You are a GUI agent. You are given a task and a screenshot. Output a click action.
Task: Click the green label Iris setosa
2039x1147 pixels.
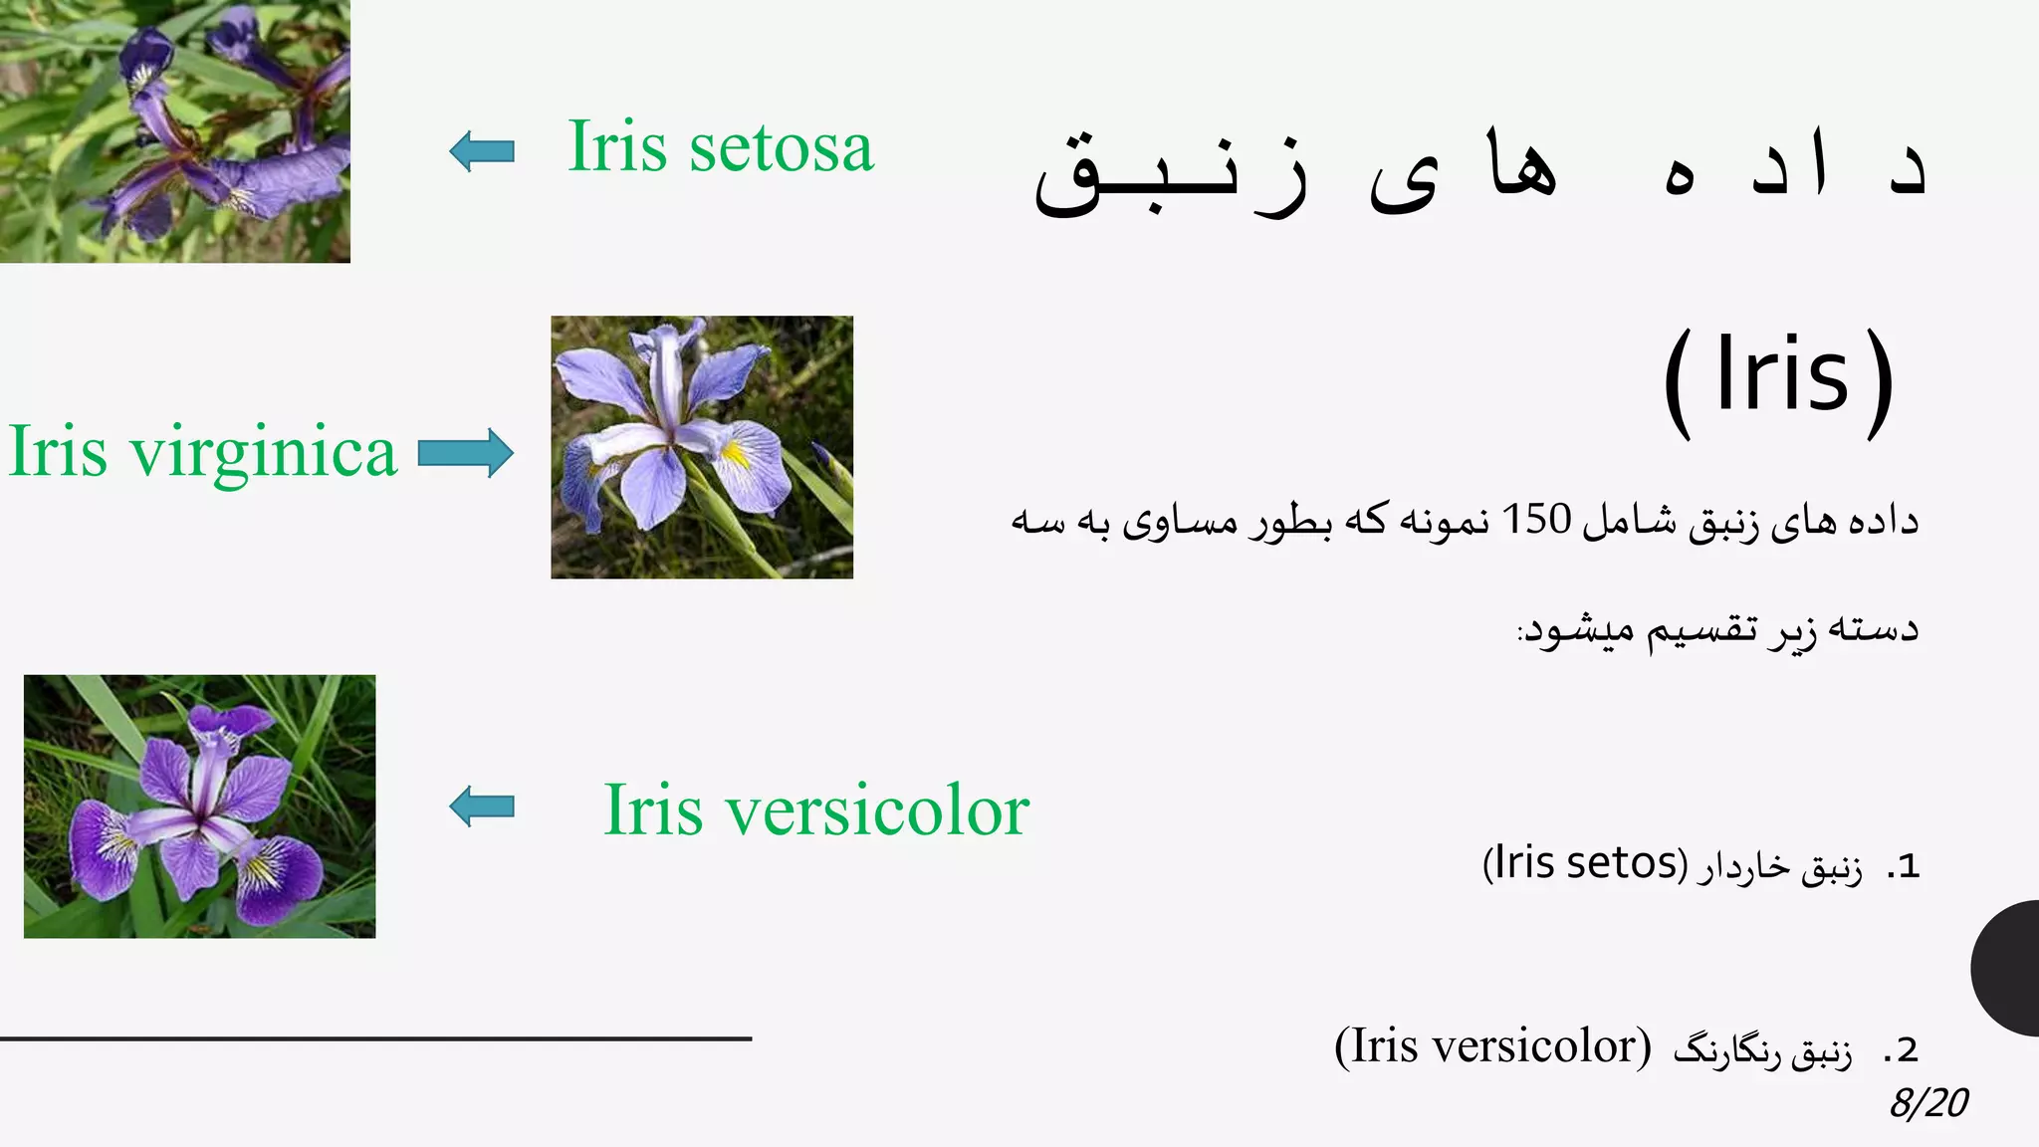click(720, 147)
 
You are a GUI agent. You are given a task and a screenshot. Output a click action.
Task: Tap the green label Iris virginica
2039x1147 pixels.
click(203, 452)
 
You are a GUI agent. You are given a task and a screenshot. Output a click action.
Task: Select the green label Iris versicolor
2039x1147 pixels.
click(816, 810)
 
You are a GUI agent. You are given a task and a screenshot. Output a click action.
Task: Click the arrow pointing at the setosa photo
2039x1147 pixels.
click(482, 151)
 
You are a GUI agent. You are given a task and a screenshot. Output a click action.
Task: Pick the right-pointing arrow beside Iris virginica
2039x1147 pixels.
click(466, 453)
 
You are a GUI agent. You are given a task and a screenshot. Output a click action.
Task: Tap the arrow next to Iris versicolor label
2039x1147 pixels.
click(482, 805)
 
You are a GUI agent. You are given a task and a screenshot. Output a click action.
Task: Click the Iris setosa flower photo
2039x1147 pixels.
click(174, 130)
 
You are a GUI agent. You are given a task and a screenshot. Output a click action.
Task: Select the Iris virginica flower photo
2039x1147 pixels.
click(702, 447)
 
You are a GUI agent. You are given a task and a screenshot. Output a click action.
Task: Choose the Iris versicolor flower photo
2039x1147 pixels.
click(199, 806)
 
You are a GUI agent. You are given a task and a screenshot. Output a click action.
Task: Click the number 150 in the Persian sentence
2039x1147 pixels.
click(1536, 519)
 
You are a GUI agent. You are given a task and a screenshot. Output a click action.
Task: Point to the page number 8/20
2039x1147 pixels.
click(1928, 1103)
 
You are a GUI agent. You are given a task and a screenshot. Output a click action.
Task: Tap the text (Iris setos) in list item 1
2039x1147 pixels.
click(1585, 863)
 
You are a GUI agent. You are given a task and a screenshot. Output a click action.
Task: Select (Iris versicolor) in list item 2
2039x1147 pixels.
click(1492, 1046)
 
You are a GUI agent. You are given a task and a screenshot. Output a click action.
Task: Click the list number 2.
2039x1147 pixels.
click(1903, 1050)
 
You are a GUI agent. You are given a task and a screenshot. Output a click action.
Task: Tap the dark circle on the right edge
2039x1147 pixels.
click(2007, 968)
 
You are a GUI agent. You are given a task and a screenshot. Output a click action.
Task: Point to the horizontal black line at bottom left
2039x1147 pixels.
click(375, 1038)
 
